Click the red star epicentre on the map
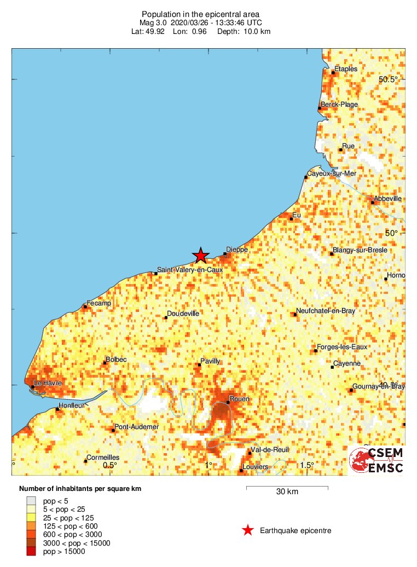[x=201, y=255]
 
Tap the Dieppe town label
[x=237, y=250]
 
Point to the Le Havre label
[x=48, y=383]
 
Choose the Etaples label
[x=346, y=68]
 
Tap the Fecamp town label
[x=99, y=303]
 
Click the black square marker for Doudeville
[x=166, y=317]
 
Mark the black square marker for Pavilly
[x=199, y=364]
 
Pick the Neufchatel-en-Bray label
[x=324, y=311]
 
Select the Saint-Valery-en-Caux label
[x=189, y=269]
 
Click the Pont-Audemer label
[x=137, y=427]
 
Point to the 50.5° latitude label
[x=389, y=80]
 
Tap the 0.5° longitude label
[x=110, y=465]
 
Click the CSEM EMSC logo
[x=377, y=460]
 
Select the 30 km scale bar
[x=287, y=487]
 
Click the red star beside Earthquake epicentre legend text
[x=248, y=530]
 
